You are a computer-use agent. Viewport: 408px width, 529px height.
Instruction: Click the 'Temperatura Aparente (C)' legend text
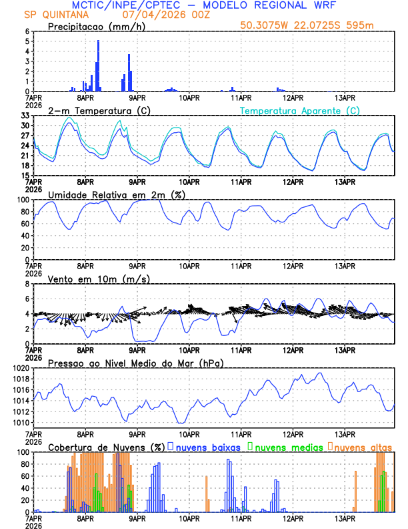coord(300,110)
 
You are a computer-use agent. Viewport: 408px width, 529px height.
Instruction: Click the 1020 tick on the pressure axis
coord(22,368)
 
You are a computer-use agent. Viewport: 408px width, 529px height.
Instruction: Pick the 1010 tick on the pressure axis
coord(22,423)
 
